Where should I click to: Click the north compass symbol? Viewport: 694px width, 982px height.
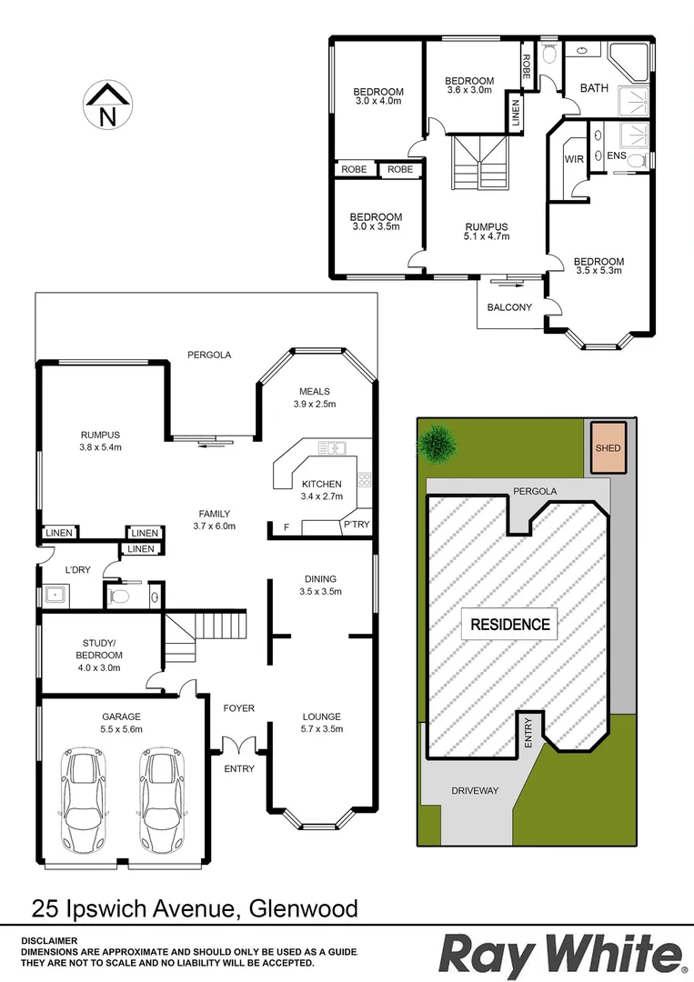107,105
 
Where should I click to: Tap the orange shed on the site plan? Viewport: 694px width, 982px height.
608,448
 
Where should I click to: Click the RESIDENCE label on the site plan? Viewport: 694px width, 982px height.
510,625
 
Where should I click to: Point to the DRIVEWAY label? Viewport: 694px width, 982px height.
475,790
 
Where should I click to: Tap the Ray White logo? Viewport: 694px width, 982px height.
561,956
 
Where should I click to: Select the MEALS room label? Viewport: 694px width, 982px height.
315,392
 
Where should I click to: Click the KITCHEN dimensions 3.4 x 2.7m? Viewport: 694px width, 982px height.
321,496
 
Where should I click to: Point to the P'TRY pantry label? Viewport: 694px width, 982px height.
355,526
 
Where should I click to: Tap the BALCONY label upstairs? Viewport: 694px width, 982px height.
509,307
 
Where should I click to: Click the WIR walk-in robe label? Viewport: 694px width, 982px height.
574,159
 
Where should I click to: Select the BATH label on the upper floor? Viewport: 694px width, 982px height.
594,88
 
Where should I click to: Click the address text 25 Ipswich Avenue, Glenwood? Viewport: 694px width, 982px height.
195,907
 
